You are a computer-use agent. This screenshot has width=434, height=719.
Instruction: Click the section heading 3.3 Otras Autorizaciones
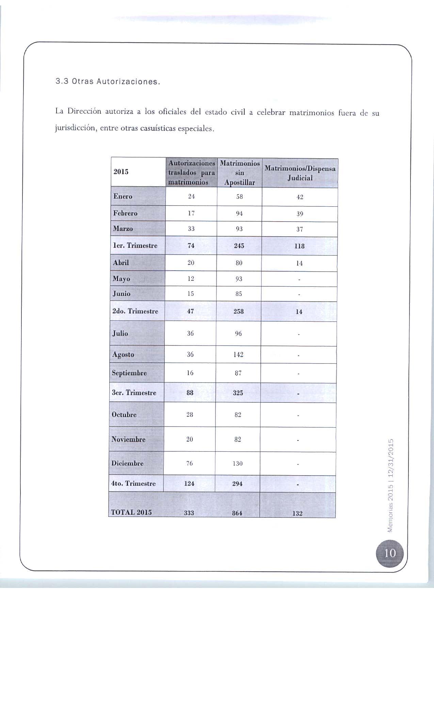coord(107,82)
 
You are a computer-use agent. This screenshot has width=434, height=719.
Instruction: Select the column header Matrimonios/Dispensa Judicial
coord(300,173)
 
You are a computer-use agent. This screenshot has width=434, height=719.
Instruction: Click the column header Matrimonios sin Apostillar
coord(240,173)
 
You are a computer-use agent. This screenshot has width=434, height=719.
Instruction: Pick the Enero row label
coord(123,196)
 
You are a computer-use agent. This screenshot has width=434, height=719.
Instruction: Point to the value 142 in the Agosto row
coord(238,355)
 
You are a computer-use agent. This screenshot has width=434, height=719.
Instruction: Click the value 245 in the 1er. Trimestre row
coord(239,246)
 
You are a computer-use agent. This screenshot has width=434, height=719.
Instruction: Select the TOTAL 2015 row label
coord(131,512)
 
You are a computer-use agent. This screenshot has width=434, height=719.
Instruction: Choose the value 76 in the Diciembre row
coord(190,463)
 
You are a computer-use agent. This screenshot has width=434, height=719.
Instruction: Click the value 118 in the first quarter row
coord(299,246)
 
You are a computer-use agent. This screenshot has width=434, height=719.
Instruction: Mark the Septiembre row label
coord(129,373)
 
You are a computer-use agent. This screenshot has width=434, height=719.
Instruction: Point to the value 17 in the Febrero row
coord(191,213)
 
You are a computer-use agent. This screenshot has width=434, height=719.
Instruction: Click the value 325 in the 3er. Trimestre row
coord(238,393)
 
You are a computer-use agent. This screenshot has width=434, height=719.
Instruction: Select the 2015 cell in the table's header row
coord(121,172)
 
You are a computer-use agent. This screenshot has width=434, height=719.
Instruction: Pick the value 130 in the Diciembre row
coord(238,464)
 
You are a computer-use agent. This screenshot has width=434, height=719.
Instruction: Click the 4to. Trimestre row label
coord(133,484)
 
